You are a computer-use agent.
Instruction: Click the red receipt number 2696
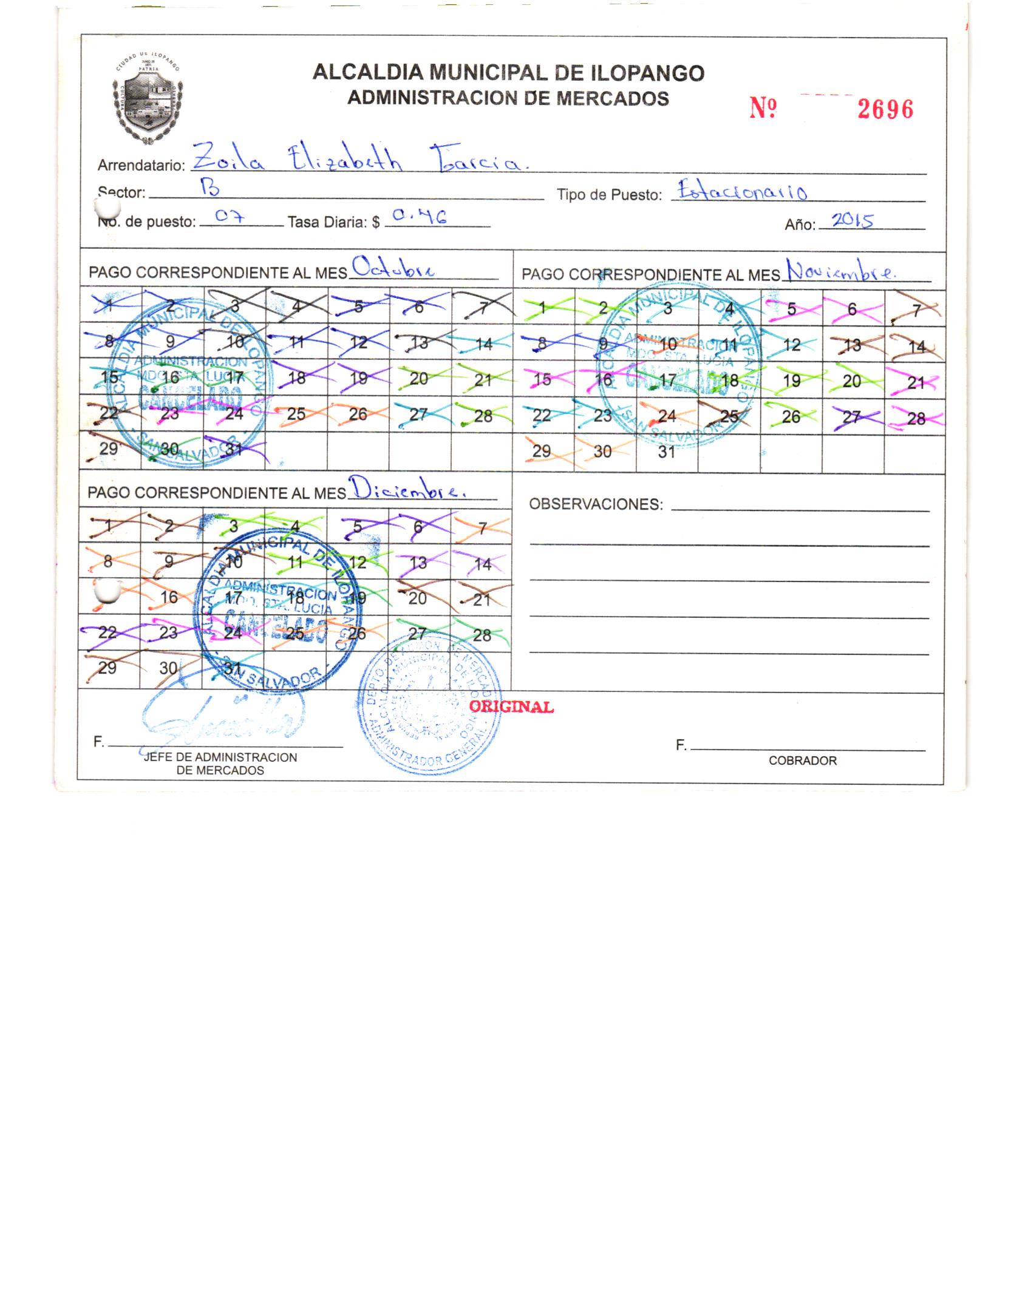coord(885,109)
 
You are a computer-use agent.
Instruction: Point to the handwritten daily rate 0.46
coord(419,217)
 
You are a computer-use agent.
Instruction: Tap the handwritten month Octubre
coord(393,269)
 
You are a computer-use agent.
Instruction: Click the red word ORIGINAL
coord(511,707)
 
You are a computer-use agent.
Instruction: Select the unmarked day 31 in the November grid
coord(666,452)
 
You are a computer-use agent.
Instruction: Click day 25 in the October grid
coord(296,414)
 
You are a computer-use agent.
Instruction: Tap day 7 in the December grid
coord(482,528)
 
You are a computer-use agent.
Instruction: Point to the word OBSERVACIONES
coord(596,504)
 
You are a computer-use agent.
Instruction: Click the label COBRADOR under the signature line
coord(802,760)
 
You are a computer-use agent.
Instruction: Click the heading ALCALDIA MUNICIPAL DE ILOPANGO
coord(508,73)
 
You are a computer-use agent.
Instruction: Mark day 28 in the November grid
coord(915,418)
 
